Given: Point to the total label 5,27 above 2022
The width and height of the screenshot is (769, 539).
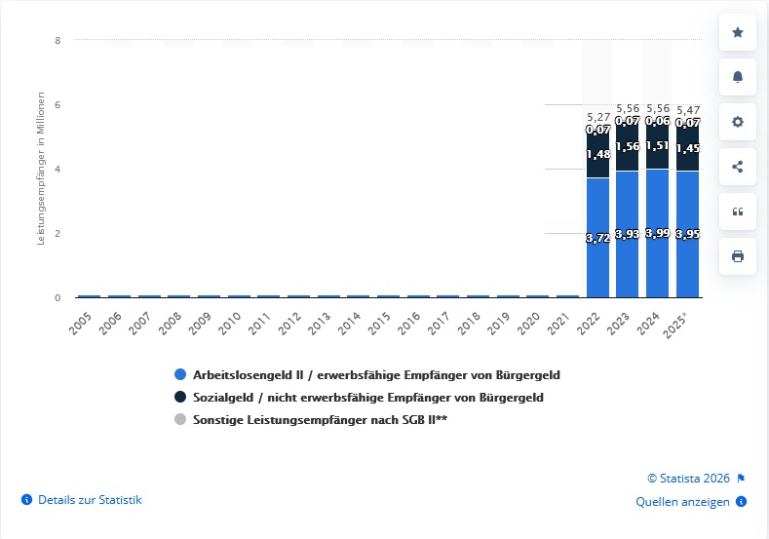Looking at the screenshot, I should [597, 117].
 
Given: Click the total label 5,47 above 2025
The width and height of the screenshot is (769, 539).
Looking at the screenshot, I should [687, 110].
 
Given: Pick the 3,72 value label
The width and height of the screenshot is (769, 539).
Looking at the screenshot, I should [597, 238].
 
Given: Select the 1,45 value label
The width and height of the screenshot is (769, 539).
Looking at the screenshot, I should [687, 149].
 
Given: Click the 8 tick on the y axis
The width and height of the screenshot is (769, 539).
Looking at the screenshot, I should [58, 41].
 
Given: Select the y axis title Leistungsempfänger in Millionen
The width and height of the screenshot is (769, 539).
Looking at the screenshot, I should [41, 168].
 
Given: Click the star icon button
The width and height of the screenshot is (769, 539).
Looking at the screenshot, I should [737, 32].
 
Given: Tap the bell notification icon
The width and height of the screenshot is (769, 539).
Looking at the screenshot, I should [737, 77].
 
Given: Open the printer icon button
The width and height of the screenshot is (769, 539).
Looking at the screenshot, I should [737, 256].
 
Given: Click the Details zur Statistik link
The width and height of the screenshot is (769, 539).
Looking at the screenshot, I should [90, 500].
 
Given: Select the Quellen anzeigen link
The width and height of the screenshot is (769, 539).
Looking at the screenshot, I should [682, 502].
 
